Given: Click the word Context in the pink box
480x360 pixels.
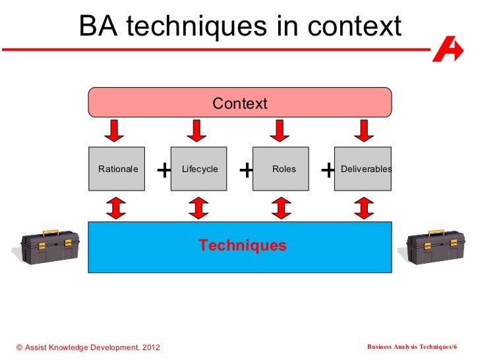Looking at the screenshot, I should pos(239,104).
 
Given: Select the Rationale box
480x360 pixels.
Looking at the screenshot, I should pos(117,169).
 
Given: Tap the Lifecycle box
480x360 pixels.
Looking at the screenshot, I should pos(198,169).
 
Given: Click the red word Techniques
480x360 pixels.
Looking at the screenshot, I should pos(243,246).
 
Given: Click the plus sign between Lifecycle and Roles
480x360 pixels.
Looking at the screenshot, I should pos(246,171).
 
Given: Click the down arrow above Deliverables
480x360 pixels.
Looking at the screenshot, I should pos(362,131).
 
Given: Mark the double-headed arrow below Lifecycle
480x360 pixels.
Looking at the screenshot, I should pos(198,207).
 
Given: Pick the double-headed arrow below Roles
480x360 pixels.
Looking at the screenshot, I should pos(280,207).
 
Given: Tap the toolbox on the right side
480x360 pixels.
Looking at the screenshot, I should pos(433,245).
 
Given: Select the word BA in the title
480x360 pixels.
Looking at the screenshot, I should pos(98,27).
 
